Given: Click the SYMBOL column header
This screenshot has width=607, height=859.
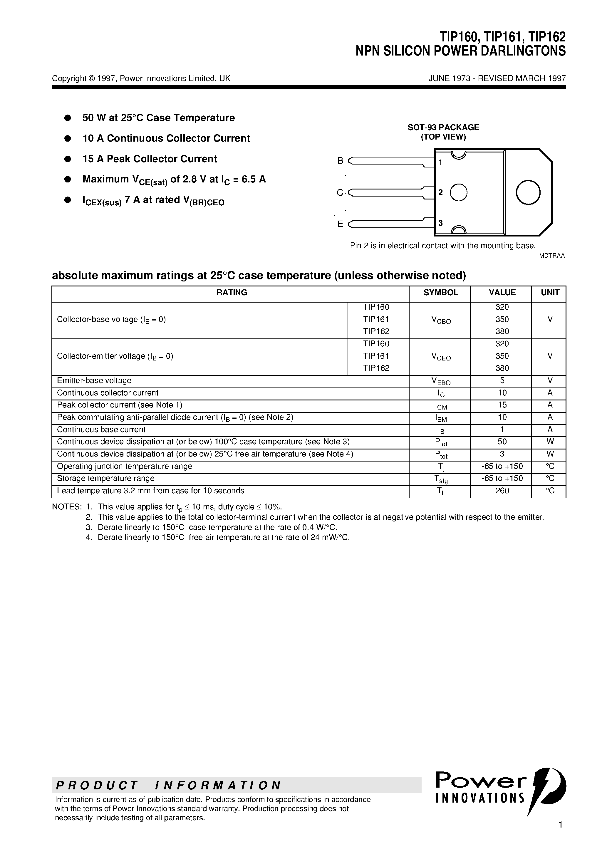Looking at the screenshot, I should (440, 293).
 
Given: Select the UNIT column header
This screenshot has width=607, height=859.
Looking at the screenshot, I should (550, 293).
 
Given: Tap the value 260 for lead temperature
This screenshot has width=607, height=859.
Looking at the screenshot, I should (502, 491).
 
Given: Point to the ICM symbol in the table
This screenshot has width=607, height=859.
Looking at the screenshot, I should (440, 405).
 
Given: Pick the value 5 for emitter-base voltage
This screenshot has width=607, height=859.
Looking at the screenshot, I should (502, 380).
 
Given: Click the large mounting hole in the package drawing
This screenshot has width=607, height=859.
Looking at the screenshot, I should (528, 192).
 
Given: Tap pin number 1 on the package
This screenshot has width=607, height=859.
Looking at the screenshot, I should (440, 162).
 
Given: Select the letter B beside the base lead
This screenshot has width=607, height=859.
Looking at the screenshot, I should (340, 160).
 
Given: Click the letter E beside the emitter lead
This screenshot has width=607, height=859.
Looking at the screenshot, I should (340, 224).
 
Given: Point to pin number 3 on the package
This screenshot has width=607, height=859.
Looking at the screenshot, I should (440, 223).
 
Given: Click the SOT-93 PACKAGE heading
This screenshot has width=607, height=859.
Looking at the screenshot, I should (443, 127).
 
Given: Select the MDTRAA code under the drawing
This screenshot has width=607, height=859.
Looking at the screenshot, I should (551, 256).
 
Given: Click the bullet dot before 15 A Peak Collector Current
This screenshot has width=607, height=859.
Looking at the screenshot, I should (68, 159).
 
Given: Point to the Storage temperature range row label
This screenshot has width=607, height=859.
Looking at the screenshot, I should (105, 479).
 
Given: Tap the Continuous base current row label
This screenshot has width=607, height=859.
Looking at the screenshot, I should (101, 429).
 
